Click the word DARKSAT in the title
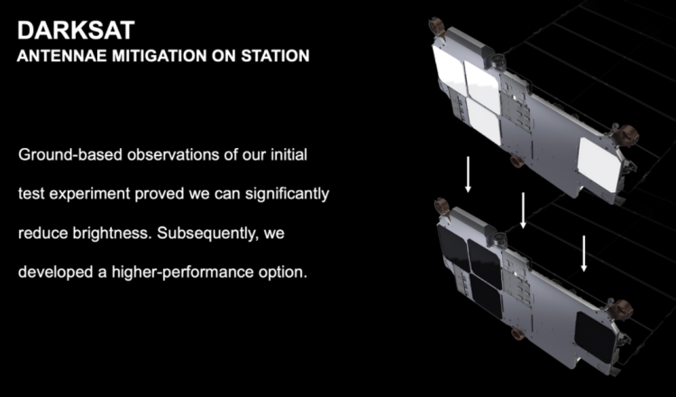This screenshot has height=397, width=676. [76, 31]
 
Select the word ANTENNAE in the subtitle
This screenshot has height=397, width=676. [62, 56]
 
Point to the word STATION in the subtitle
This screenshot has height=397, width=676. [275, 56]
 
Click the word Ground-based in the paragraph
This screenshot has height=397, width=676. [70, 154]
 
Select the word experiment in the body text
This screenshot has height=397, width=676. [89, 194]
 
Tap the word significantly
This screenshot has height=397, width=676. [288, 194]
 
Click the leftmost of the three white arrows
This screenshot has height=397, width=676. [468, 174]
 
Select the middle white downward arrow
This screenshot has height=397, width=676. [523, 210]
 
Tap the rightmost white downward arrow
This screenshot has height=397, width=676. [584, 254]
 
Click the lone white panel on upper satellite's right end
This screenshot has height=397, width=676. [599, 164]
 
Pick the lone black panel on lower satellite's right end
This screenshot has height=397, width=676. [596, 337]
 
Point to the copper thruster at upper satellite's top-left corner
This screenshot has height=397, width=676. [437, 26]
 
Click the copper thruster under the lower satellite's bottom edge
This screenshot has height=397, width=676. [517, 334]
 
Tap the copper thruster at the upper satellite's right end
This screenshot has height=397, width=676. [626, 135]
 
